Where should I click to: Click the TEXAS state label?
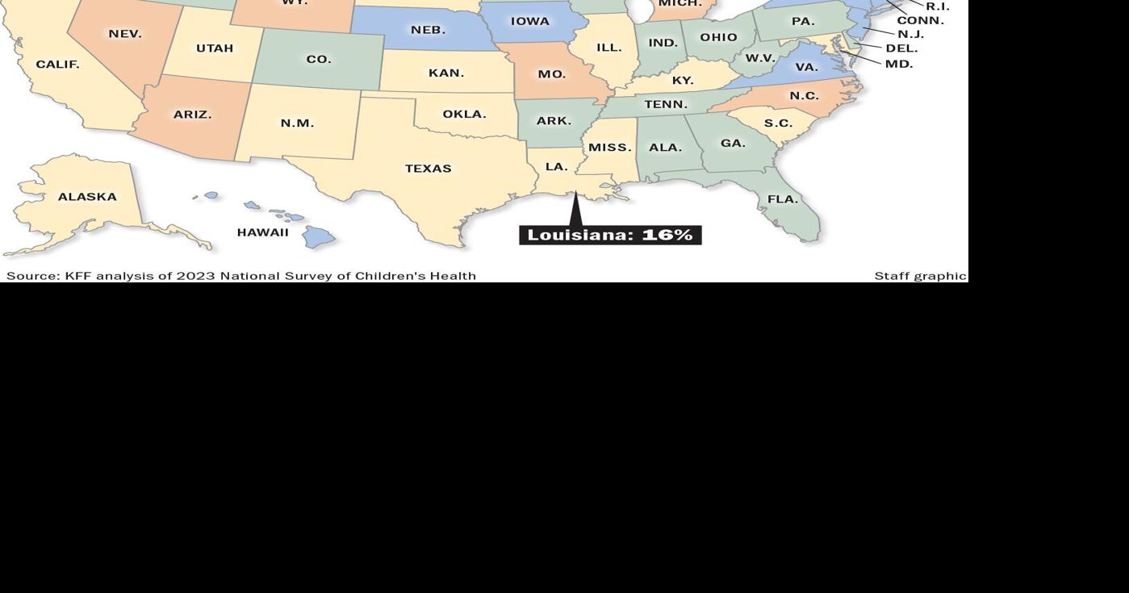(428, 169)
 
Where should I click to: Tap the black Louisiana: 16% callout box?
(610, 235)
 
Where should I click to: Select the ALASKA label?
(87, 197)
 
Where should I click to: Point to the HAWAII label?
(262, 232)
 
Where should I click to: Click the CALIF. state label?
(57, 65)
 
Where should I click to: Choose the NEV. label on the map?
(125, 34)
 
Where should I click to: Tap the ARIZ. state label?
(192, 115)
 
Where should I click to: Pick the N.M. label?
(297, 123)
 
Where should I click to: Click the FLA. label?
(782, 199)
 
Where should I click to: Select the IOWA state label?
(529, 22)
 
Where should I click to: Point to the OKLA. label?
(464, 115)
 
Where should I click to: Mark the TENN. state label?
(666, 105)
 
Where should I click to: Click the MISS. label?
(609, 148)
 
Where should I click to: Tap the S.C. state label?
(778, 123)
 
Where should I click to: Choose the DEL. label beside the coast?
(901, 48)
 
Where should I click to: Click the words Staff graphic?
(920, 276)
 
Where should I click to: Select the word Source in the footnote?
(32, 276)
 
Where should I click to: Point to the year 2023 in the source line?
(196, 276)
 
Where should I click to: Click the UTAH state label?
(215, 48)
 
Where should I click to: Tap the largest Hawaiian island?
(318, 236)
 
